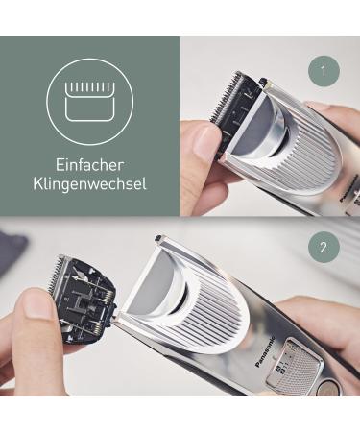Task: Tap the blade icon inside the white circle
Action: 89,96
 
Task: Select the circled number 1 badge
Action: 324,70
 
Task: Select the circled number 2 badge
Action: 324,248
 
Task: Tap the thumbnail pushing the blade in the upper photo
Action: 206,144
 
